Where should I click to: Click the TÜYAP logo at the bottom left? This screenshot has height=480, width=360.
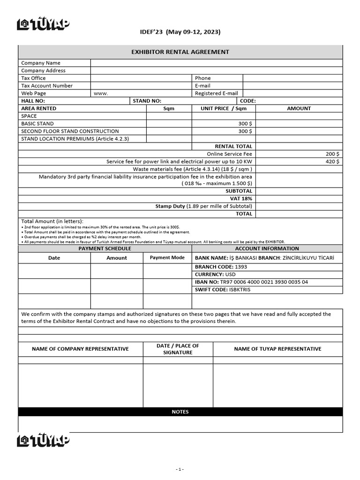[x=43, y=440]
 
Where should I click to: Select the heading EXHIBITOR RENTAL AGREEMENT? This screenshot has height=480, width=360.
[x=180, y=52]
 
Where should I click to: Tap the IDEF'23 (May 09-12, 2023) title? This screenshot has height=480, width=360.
[x=180, y=32]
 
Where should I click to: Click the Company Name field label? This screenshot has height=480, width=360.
[x=41, y=63]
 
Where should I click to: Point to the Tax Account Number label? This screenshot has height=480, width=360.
[x=47, y=86]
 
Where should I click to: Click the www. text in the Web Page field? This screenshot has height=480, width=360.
[x=101, y=93]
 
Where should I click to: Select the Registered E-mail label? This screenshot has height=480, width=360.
[x=216, y=93]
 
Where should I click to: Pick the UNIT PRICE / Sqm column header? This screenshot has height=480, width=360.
[x=224, y=108]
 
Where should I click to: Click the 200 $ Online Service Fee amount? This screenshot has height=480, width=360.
[x=332, y=154]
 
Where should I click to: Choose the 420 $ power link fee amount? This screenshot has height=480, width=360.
[x=332, y=161]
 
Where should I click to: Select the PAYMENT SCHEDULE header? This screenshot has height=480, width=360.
[x=105, y=248]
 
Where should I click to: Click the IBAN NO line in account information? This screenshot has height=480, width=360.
[x=251, y=282]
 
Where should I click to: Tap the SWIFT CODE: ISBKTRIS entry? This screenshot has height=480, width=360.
[x=223, y=290]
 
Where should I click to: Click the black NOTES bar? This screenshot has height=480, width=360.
[x=180, y=412]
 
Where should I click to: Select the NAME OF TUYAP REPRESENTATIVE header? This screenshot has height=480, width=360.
[x=277, y=349]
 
